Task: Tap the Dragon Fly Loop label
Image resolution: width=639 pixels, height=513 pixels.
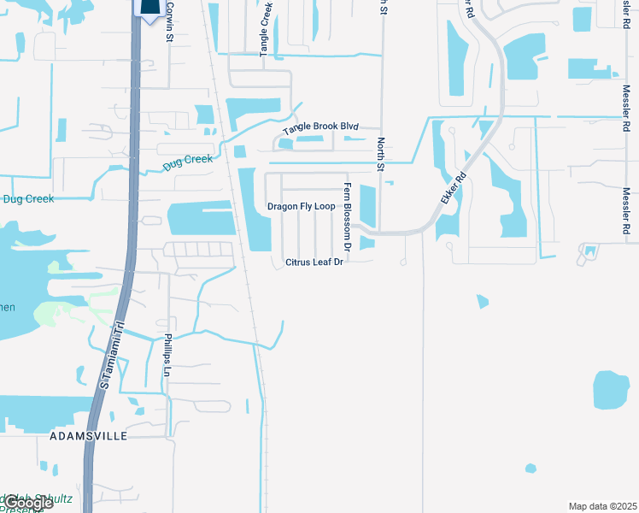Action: (301, 207)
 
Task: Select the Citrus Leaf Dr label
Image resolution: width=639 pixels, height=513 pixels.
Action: (314, 262)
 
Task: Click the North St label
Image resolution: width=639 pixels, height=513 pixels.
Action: (381, 155)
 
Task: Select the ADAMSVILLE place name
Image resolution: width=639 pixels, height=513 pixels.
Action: (89, 436)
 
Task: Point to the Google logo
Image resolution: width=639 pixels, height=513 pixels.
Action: (28, 503)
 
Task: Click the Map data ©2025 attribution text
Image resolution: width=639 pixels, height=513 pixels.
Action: (601, 506)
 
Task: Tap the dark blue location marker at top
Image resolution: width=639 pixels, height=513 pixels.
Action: (149, 9)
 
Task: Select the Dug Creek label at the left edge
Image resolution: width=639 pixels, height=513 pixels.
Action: (27, 199)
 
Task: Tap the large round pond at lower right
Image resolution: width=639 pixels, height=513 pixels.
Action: (611, 390)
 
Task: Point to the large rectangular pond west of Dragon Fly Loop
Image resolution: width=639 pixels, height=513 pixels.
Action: (202, 219)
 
